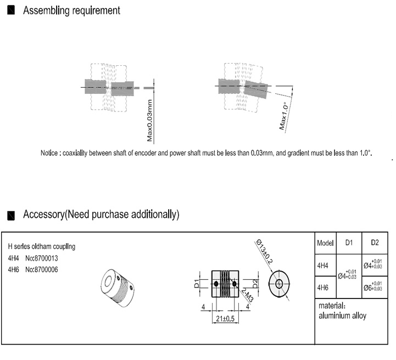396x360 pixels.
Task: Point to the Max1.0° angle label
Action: pyautogui.click(x=284, y=116)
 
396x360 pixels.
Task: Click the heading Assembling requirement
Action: pyautogui.click(x=71, y=10)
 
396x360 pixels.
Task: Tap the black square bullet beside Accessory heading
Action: pyautogui.click(x=11, y=214)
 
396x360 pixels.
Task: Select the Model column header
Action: pyautogui.click(x=325, y=243)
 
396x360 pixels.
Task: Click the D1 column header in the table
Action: pyautogui.click(x=349, y=243)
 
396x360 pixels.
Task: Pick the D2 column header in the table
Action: pyautogui.click(x=375, y=243)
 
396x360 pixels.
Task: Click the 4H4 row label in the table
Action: pyautogui.click(x=323, y=265)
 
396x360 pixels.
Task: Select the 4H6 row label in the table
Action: pyautogui.click(x=323, y=287)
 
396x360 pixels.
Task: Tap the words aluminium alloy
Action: pyautogui.click(x=342, y=316)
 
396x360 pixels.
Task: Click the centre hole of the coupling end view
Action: pyautogui.click(x=279, y=284)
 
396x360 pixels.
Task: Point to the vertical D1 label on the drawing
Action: pyautogui.click(x=196, y=283)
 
